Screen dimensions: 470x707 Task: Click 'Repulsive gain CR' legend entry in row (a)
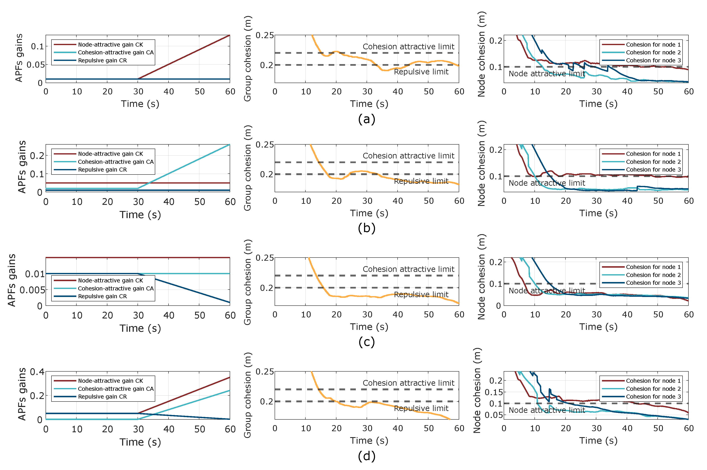(102, 60)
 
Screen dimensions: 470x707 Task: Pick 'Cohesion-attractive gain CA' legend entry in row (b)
(116, 162)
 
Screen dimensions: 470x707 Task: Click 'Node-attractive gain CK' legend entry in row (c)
(110, 281)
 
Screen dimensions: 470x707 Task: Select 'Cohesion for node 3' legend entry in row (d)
(653, 397)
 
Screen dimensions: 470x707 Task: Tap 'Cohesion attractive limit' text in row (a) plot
(408, 47)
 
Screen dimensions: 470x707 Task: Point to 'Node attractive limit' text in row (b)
(546, 183)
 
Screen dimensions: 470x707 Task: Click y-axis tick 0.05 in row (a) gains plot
(35, 65)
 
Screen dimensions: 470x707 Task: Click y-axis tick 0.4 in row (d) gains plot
(37, 372)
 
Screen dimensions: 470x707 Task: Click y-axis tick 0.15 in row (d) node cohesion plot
(493, 392)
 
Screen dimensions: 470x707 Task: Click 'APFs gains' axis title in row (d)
(22, 394)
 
